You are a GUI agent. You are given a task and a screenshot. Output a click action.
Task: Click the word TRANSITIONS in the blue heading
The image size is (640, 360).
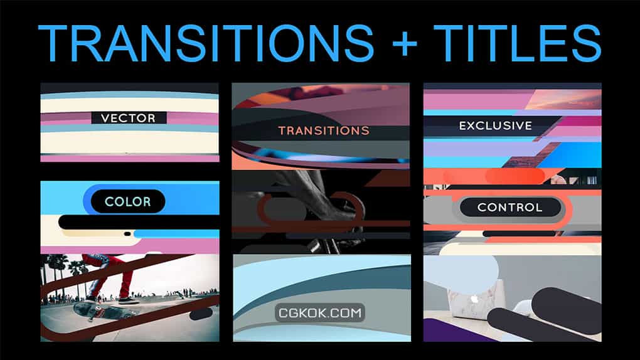point(206,43)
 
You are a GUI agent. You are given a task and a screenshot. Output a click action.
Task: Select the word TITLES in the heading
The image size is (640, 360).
point(517,43)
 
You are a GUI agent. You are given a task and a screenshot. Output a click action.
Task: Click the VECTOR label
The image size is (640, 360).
point(129,118)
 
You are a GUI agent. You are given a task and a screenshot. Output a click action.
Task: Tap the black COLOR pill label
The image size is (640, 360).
point(128,201)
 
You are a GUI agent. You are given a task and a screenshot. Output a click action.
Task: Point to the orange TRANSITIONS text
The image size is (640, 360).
point(324,130)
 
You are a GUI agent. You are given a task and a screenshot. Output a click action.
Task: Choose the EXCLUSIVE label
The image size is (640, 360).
point(496,125)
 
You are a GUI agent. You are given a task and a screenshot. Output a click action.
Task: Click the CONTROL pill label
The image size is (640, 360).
point(510,207)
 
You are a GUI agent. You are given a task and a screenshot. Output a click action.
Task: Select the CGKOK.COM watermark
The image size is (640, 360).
point(320,313)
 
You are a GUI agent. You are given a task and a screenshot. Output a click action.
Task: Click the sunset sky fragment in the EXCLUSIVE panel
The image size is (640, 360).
point(565,100)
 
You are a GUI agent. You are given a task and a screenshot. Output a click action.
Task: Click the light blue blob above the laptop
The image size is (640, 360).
point(461,272)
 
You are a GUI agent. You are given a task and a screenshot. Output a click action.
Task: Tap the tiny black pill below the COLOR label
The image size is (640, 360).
point(127,234)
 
